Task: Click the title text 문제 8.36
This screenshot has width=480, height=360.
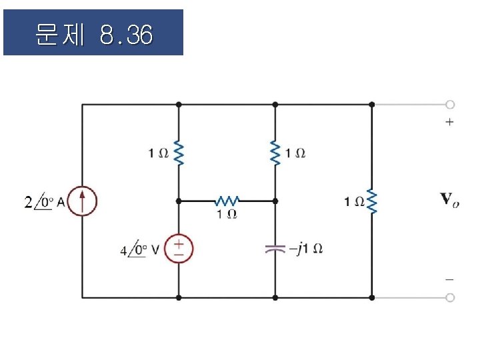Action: [93, 33]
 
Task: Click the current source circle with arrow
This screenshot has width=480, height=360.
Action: [82, 201]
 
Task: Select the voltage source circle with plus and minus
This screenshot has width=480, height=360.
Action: [179, 249]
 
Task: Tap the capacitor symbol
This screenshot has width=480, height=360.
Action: [275, 249]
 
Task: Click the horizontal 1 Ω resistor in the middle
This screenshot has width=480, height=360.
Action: [227, 200]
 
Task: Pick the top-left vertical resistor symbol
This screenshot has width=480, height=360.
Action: [179, 153]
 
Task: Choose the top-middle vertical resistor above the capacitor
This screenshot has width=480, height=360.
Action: [275, 153]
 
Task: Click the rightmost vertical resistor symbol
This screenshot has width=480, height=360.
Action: [371, 201]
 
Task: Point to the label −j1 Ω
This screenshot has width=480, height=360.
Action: [306, 249]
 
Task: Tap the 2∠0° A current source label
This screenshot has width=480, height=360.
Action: [44, 201]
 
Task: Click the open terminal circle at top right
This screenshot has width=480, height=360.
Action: [451, 105]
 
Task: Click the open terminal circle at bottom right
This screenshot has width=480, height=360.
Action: [451, 297]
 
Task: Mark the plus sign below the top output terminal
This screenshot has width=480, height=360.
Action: [450, 122]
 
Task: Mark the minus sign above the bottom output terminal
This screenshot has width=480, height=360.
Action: [450, 280]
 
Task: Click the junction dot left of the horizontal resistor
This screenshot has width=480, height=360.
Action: [179, 200]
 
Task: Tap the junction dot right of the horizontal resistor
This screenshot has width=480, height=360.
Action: [275, 200]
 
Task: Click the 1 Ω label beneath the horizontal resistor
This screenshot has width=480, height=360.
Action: [227, 214]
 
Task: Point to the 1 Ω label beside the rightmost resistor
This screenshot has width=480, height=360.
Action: [353, 201]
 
